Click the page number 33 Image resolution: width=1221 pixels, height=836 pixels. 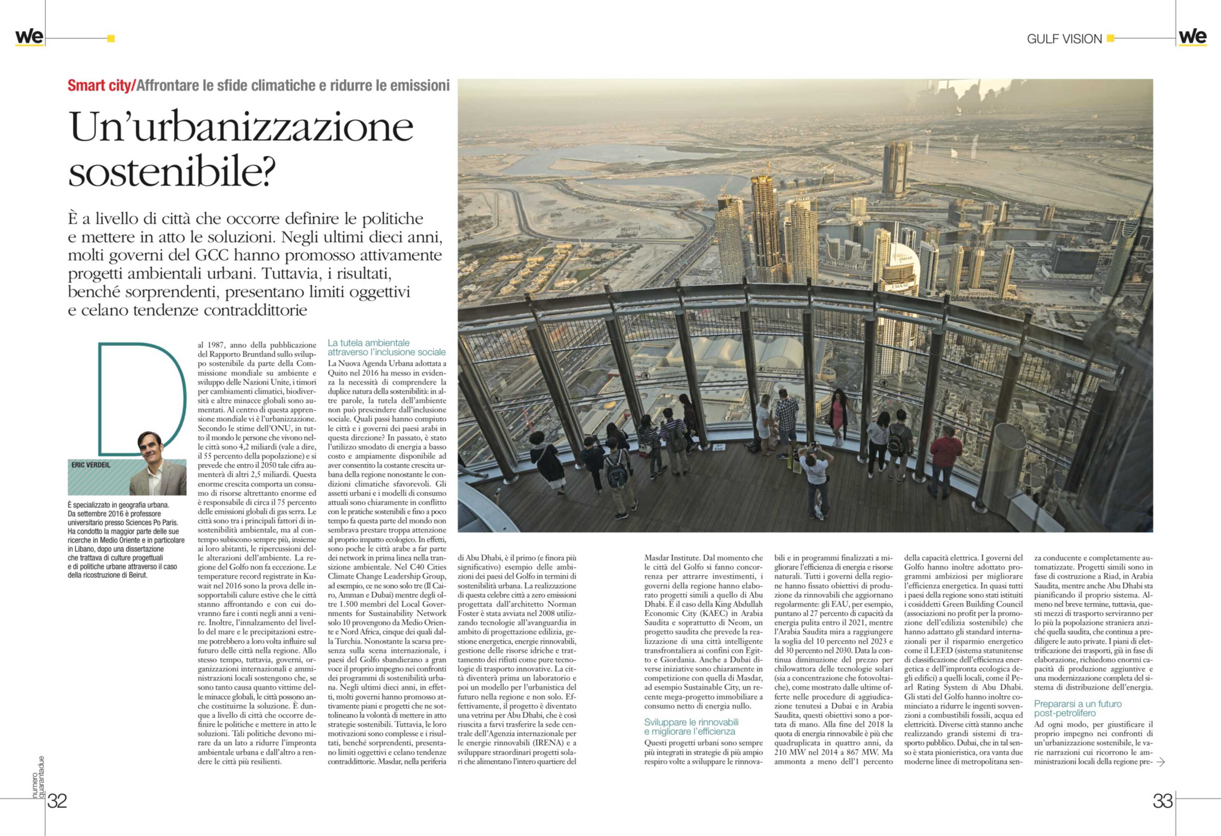[x=1163, y=801]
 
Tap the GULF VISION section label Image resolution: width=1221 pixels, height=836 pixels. [x=1064, y=39]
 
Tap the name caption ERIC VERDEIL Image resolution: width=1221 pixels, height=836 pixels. [x=91, y=465]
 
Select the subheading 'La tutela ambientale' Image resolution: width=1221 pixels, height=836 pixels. [x=368, y=343]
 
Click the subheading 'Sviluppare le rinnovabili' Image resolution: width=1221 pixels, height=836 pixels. [x=691, y=722]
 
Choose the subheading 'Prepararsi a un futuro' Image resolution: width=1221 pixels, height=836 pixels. [x=1078, y=704]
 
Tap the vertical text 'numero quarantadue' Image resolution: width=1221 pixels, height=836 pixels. [x=38, y=777]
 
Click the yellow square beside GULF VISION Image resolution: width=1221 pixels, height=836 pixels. [x=1110, y=38]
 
